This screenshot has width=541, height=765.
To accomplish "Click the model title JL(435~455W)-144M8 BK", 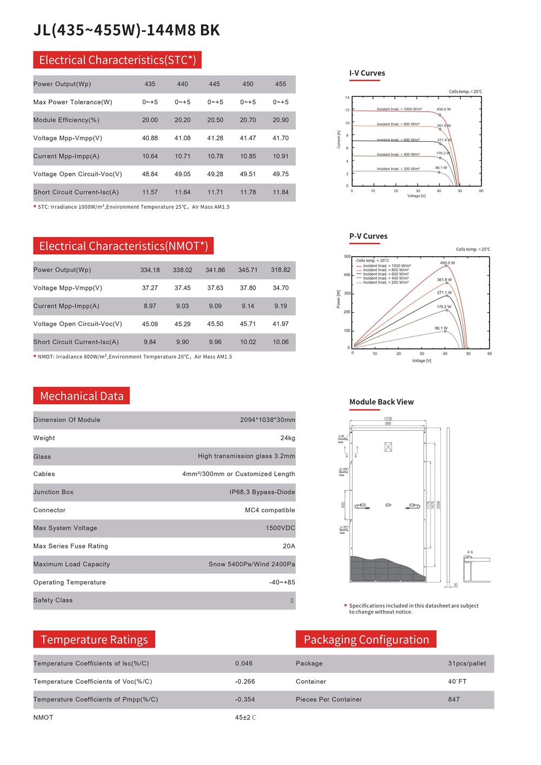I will pos(127,30).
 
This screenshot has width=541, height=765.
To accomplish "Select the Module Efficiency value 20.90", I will pos(280,120).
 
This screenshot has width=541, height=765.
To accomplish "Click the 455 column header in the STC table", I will pos(280,84).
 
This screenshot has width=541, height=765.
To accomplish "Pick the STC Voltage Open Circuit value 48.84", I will pos(150,174).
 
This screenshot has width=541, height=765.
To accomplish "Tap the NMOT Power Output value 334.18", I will pos(150,270).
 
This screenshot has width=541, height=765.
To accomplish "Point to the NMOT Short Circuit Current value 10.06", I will pos(280,342).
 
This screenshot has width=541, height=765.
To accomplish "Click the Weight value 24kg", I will pos(287,438).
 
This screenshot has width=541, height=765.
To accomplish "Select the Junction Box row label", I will pos(53,492).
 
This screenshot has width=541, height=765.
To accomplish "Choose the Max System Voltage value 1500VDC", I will pos(280,528).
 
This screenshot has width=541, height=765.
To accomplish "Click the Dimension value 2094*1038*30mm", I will pos(267,420).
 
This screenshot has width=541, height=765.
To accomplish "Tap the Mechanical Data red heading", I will pos(82,396).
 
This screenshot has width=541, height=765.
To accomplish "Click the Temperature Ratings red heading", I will pos(94,640).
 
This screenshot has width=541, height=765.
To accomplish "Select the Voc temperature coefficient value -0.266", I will pos(245,682).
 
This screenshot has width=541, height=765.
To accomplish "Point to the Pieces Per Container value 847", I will pos(453,699).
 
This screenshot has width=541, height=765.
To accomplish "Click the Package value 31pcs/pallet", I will pos(466,664).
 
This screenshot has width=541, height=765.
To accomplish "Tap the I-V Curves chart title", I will pos(367,73).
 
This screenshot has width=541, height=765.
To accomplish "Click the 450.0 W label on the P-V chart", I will pos(447,263).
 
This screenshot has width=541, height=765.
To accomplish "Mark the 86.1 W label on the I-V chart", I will pos(441,168).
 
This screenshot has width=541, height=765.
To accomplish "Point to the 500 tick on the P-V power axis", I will pos(347,257).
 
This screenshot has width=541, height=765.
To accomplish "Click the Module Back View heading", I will pos(381,402).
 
